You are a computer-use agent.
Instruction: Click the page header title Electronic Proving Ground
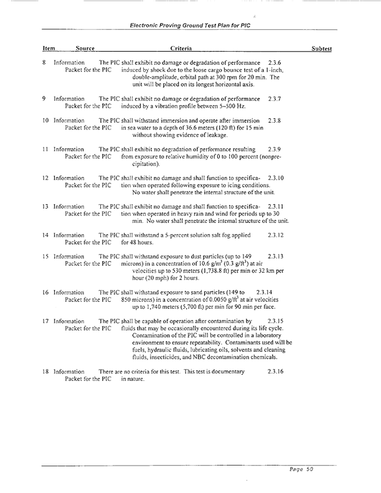click(190, 26)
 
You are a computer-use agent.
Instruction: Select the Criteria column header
click(181, 49)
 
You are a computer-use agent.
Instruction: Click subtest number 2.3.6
click(274, 63)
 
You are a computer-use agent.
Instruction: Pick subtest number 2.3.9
click(274, 150)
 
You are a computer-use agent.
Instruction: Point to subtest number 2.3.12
click(275, 235)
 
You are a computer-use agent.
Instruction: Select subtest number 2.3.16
click(275, 371)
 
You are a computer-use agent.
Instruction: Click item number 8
click(44, 63)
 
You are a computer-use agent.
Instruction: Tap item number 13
click(45, 205)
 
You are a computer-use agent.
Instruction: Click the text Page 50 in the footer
click(300, 470)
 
